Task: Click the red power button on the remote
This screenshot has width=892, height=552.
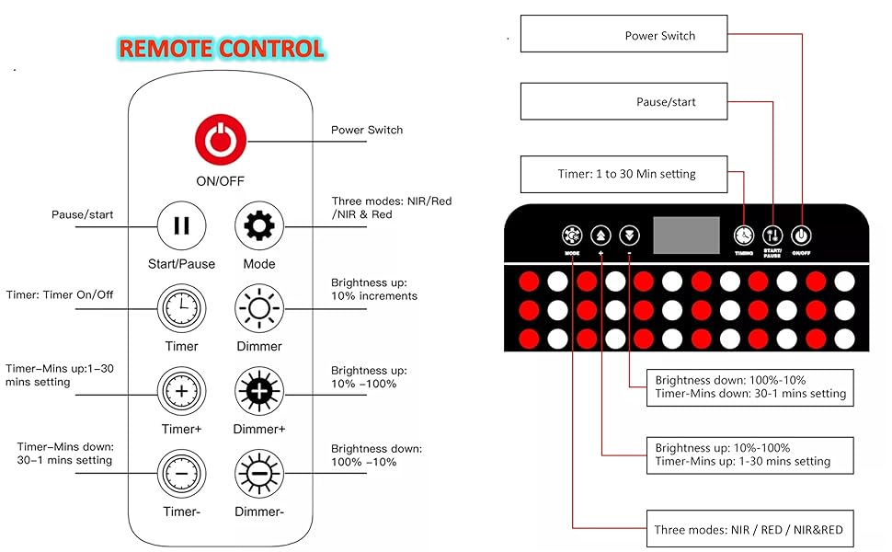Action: click(221, 141)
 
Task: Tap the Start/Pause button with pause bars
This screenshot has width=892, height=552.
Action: click(181, 226)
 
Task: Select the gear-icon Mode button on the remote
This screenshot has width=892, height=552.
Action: click(259, 226)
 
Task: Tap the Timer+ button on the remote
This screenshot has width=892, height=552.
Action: click(181, 391)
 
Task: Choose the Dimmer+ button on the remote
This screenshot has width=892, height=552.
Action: click(259, 391)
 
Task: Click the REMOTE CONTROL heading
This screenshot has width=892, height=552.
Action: click(222, 49)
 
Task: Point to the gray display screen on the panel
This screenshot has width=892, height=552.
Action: click(686, 236)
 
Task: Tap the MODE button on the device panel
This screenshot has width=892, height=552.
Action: click(572, 236)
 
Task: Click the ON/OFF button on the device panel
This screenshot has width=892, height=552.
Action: click(801, 236)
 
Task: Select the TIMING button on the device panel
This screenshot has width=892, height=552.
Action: click(743, 236)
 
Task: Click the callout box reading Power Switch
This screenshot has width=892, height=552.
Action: click(623, 36)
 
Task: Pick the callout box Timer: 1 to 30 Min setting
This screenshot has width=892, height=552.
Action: click(623, 174)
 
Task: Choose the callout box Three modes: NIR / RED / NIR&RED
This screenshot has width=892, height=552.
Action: click(748, 529)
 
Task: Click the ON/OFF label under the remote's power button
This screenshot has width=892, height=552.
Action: click(220, 181)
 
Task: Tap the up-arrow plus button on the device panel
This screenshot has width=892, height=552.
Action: click(601, 236)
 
